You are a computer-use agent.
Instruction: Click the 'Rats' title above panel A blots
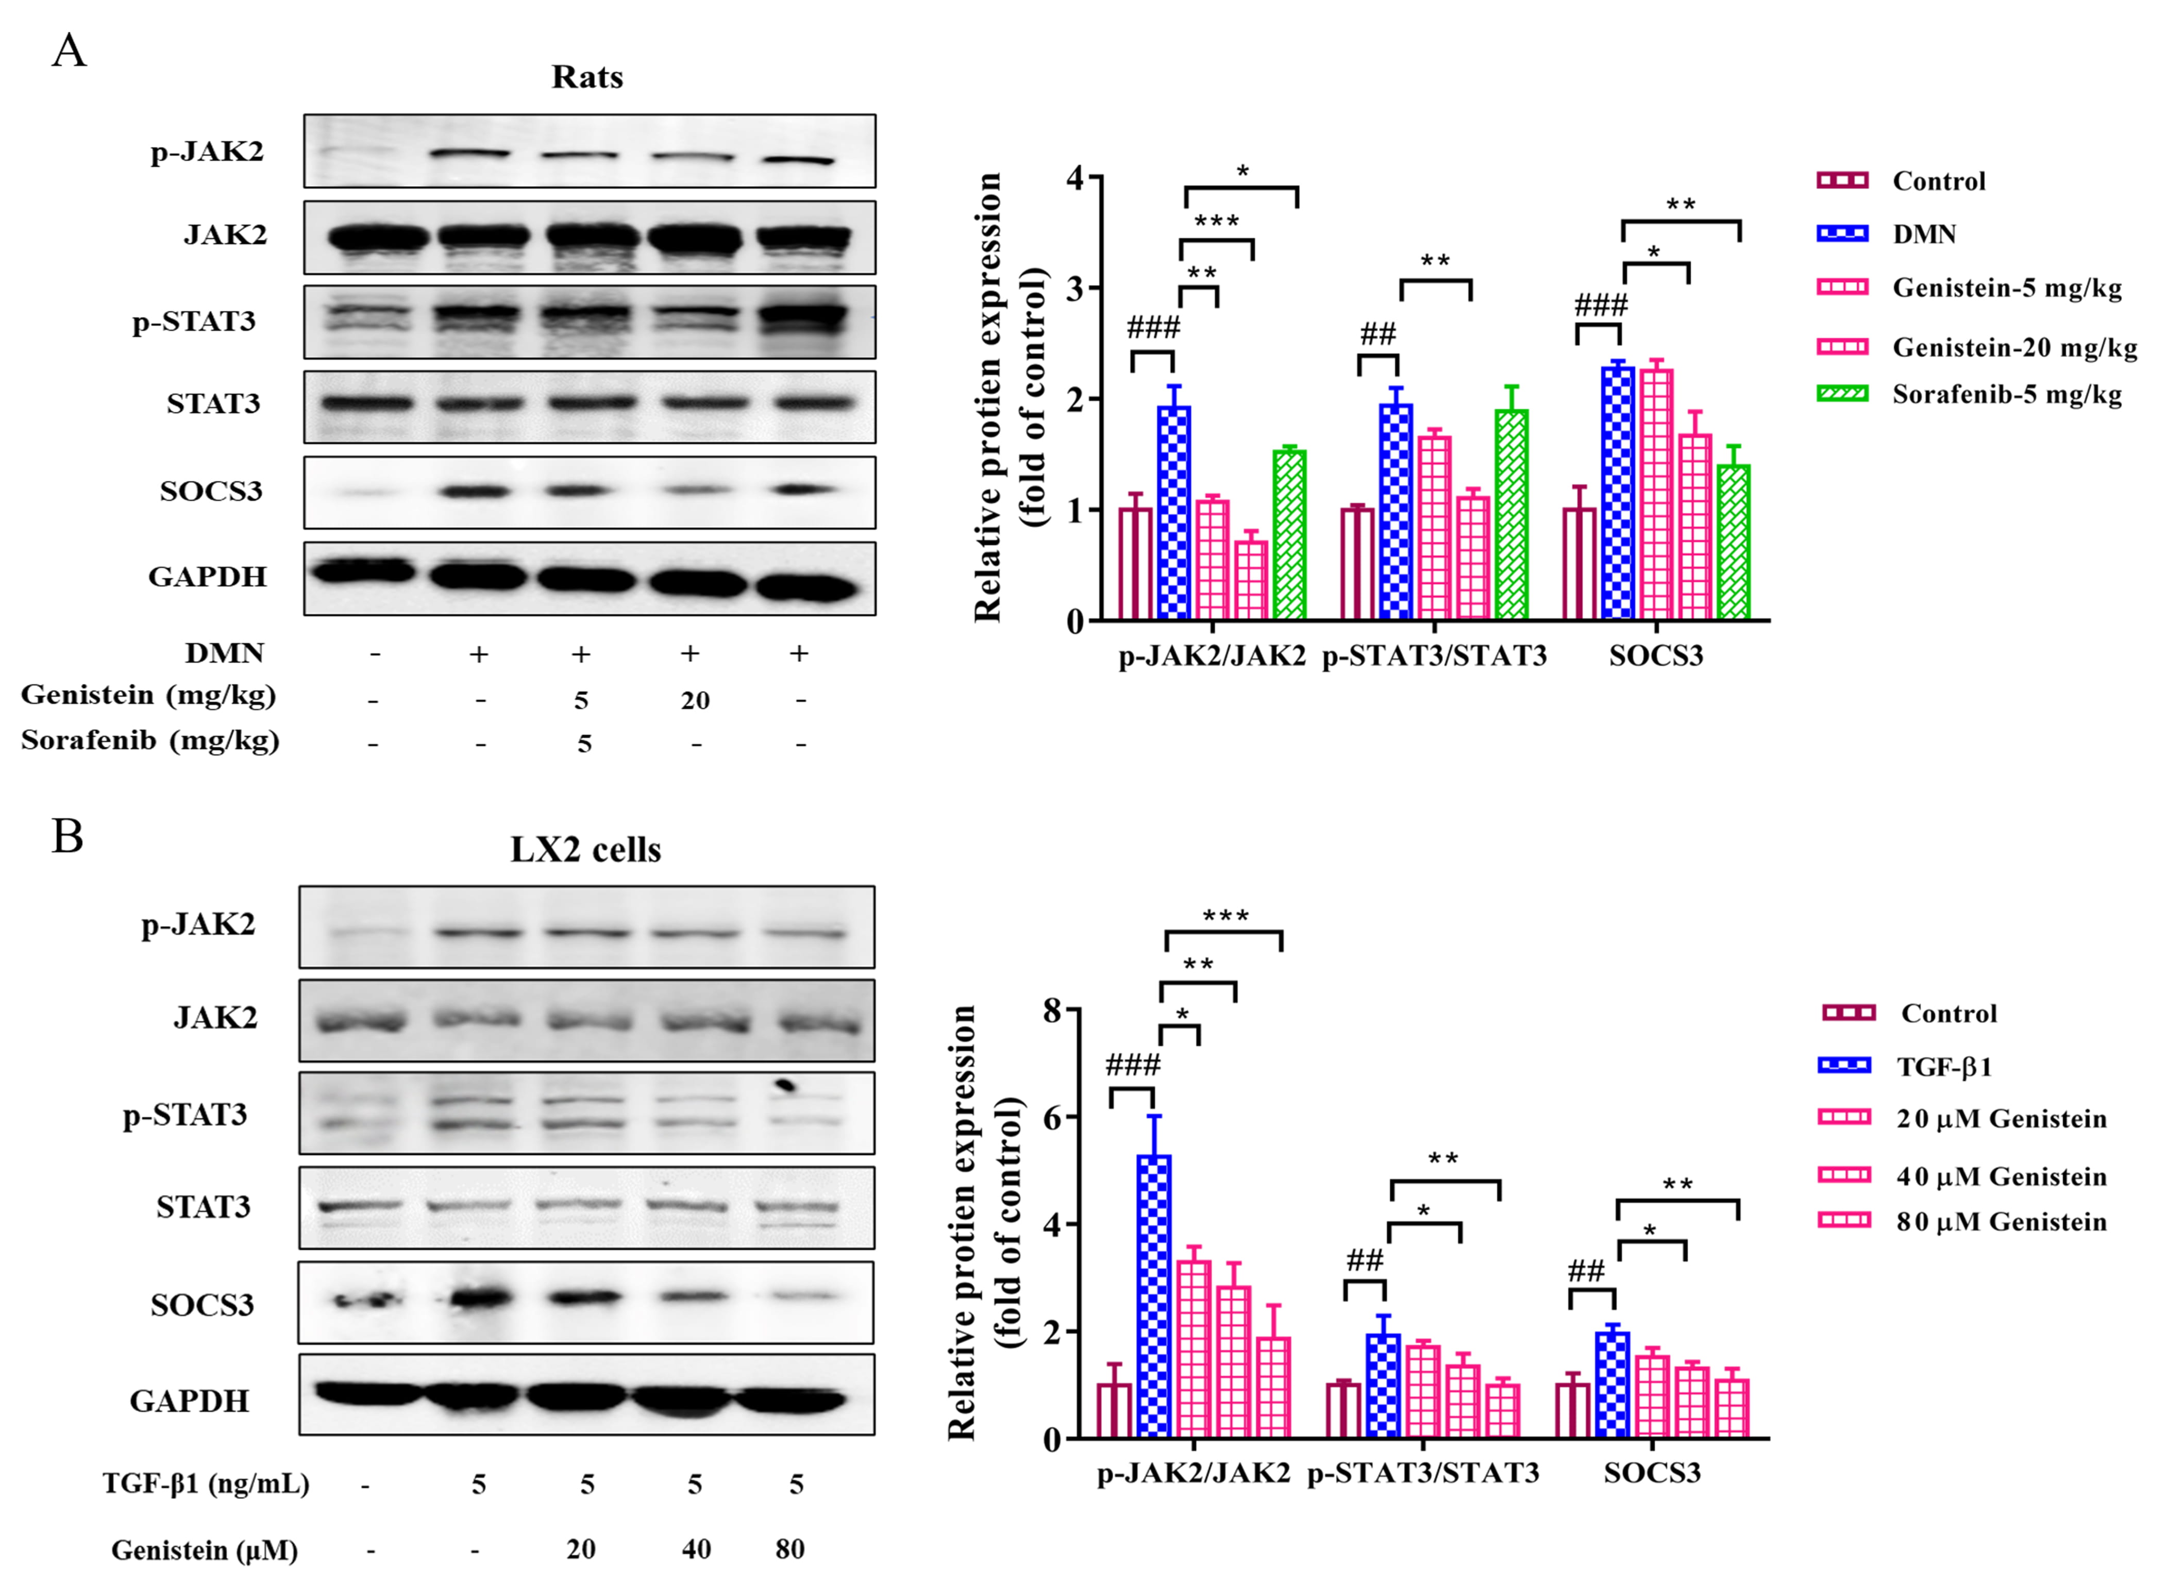587,77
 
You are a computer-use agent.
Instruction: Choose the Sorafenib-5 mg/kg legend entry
2006,394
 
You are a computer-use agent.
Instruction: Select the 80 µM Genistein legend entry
2000,1222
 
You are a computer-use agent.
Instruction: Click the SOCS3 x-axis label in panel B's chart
1652,1473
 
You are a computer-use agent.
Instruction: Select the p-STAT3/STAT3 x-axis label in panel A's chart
1434,656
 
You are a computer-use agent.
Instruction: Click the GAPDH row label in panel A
207,576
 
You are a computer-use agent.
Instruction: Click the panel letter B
67,836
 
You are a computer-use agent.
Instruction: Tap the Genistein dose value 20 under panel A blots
695,701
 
